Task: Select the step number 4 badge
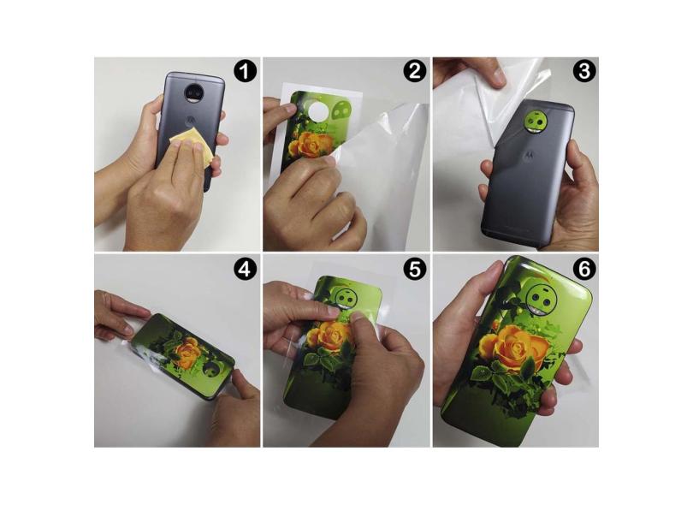pyautogui.click(x=246, y=270)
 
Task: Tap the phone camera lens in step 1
pyautogui.click(x=193, y=92)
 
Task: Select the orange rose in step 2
pyautogui.click(x=311, y=146)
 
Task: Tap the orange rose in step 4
pyautogui.click(x=187, y=351)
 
